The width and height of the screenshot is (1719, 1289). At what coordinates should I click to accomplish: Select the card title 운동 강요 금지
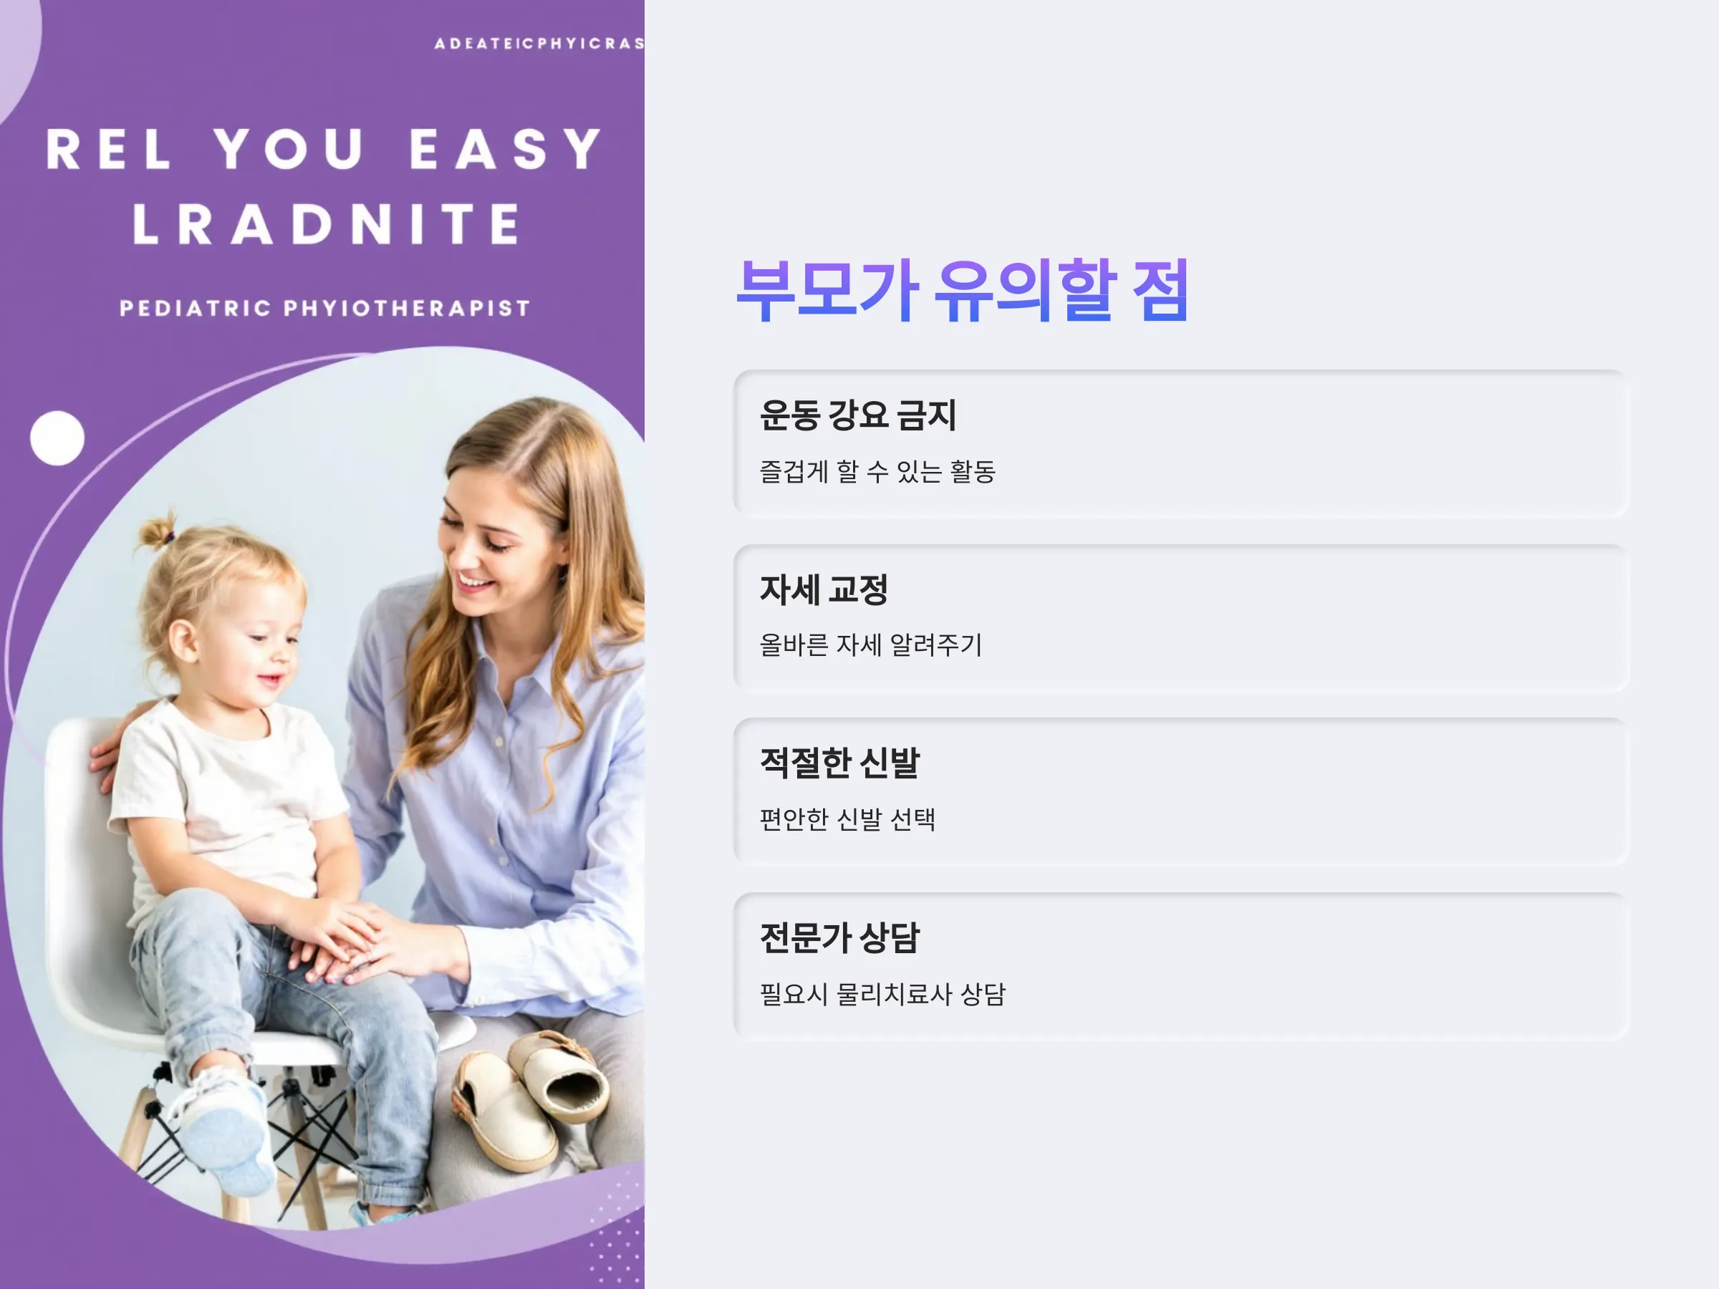click(x=858, y=415)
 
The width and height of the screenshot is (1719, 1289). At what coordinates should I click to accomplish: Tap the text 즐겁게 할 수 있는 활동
click(x=877, y=471)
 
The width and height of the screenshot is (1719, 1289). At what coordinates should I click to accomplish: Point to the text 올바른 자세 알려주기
click(x=871, y=645)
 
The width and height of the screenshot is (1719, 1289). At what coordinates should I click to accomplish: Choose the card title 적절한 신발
click(x=840, y=763)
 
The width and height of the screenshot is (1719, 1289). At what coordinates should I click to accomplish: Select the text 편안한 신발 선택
click(x=848, y=819)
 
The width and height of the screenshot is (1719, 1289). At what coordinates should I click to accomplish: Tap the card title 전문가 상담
click(x=840, y=937)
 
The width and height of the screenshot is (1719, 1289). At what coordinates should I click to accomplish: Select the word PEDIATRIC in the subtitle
click(x=195, y=308)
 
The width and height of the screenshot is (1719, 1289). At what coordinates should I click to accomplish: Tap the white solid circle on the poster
click(x=57, y=438)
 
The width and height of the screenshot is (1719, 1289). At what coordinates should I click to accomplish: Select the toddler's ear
click(x=183, y=643)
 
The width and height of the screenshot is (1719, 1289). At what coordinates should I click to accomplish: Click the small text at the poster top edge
click(x=539, y=44)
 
